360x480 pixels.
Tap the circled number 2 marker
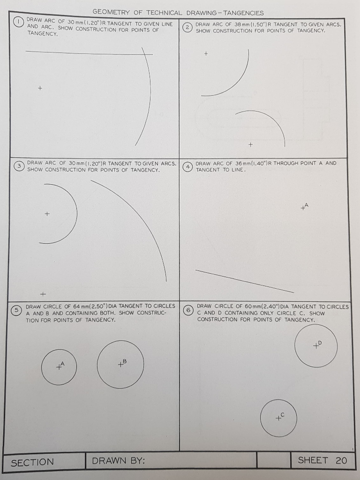(x=187, y=27)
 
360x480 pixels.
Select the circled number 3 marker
(x=19, y=166)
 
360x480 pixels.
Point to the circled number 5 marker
(x=17, y=310)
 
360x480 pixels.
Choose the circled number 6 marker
(x=188, y=310)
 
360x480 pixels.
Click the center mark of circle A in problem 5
(x=59, y=367)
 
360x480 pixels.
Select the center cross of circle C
(x=277, y=418)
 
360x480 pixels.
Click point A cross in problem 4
(x=303, y=208)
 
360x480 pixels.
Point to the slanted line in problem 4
(x=244, y=281)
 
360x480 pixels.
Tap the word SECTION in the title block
(x=32, y=462)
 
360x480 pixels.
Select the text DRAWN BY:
(x=119, y=461)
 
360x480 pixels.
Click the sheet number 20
(x=341, y=460)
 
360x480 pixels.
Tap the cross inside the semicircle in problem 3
(x=46, y=214)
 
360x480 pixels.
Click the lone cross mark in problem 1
(x=40, y=88)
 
